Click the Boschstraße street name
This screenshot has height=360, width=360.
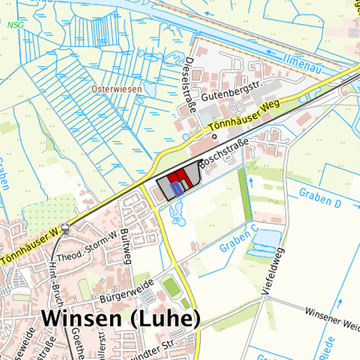point(224,153)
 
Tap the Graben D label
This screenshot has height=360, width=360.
point(320,197)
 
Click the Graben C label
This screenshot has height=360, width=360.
point(239,240)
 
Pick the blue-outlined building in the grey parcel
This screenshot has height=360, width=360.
point(176,189)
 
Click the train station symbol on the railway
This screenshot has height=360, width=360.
point(65,229)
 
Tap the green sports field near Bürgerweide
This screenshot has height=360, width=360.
point(171,288)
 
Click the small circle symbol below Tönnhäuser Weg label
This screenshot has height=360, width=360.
point(215,137)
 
